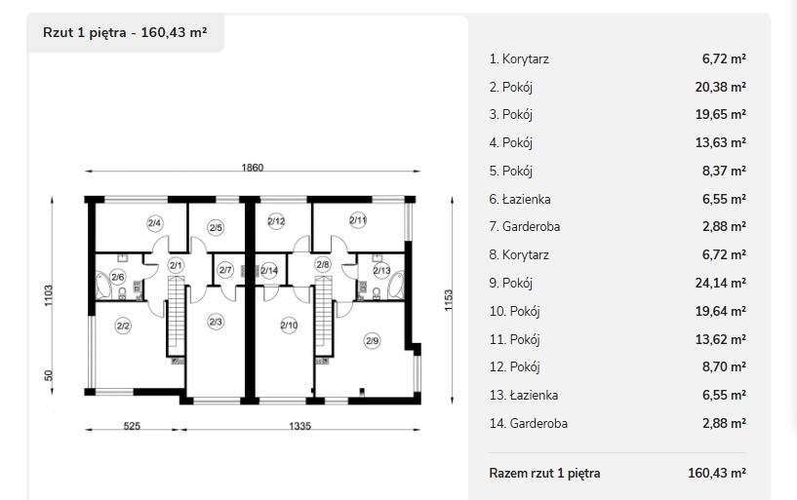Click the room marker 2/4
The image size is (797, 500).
(x=155, y=223)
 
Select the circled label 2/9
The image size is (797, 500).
(x=373, y=340)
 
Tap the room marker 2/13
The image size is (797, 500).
(x=381, y=271)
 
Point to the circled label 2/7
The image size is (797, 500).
(x=225, y=270)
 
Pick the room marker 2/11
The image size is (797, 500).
(x=358, y=220)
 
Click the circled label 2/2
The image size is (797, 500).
(x=123, y=326)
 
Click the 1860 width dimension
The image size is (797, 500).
(x=252, y=168)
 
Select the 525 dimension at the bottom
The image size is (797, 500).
(x=132, y=426)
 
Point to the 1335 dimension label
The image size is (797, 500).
(x=299, y=426)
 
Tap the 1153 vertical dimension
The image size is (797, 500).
(x=448, y=300)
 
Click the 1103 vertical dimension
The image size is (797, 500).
(x=48, y=295)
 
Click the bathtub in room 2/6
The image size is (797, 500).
(x=103, y=286)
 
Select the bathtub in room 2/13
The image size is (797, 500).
(x=396, y=286)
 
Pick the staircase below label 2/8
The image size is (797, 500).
(x=323, y=316)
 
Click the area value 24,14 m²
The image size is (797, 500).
(x=720, y=283)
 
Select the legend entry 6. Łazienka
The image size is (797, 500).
(x=520, y=199)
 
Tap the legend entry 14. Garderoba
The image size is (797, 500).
(x=529, y=423)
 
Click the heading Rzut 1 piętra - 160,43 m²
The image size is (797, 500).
(x=125, y=32)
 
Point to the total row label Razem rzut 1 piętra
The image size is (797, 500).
(x=544, y=473)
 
